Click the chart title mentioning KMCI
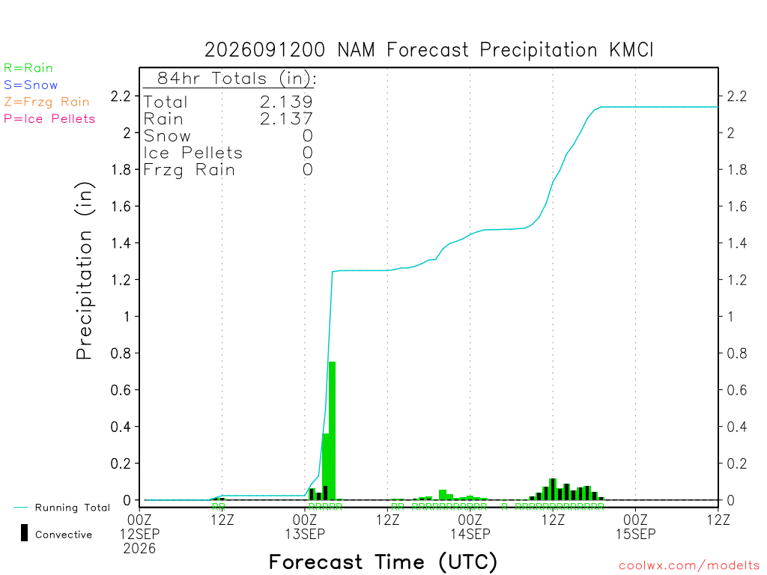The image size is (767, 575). [428, 50]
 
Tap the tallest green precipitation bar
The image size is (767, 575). [332, 431]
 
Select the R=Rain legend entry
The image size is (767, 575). [28, 68]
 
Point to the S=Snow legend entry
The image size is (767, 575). [31, 85]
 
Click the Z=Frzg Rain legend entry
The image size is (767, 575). [46, 102]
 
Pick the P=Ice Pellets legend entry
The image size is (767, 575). [49, 119]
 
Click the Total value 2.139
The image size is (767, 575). [286, 102]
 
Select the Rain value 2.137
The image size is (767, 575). [286, 119]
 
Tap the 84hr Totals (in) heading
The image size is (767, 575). [237, 78]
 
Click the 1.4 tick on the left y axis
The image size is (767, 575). [121, 243]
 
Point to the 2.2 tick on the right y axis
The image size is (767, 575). [737, 97]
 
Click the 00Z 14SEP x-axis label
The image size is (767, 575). [470, 526]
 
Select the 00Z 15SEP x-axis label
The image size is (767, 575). [635, 526]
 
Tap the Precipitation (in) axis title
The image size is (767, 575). [84, 271]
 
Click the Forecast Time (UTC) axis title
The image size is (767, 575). [383, 562]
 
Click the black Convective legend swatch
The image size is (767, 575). [24, 533]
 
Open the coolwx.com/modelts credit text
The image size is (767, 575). [689, 566]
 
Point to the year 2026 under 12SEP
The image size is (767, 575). [139, 549]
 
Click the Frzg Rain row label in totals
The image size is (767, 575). [189, 170]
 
